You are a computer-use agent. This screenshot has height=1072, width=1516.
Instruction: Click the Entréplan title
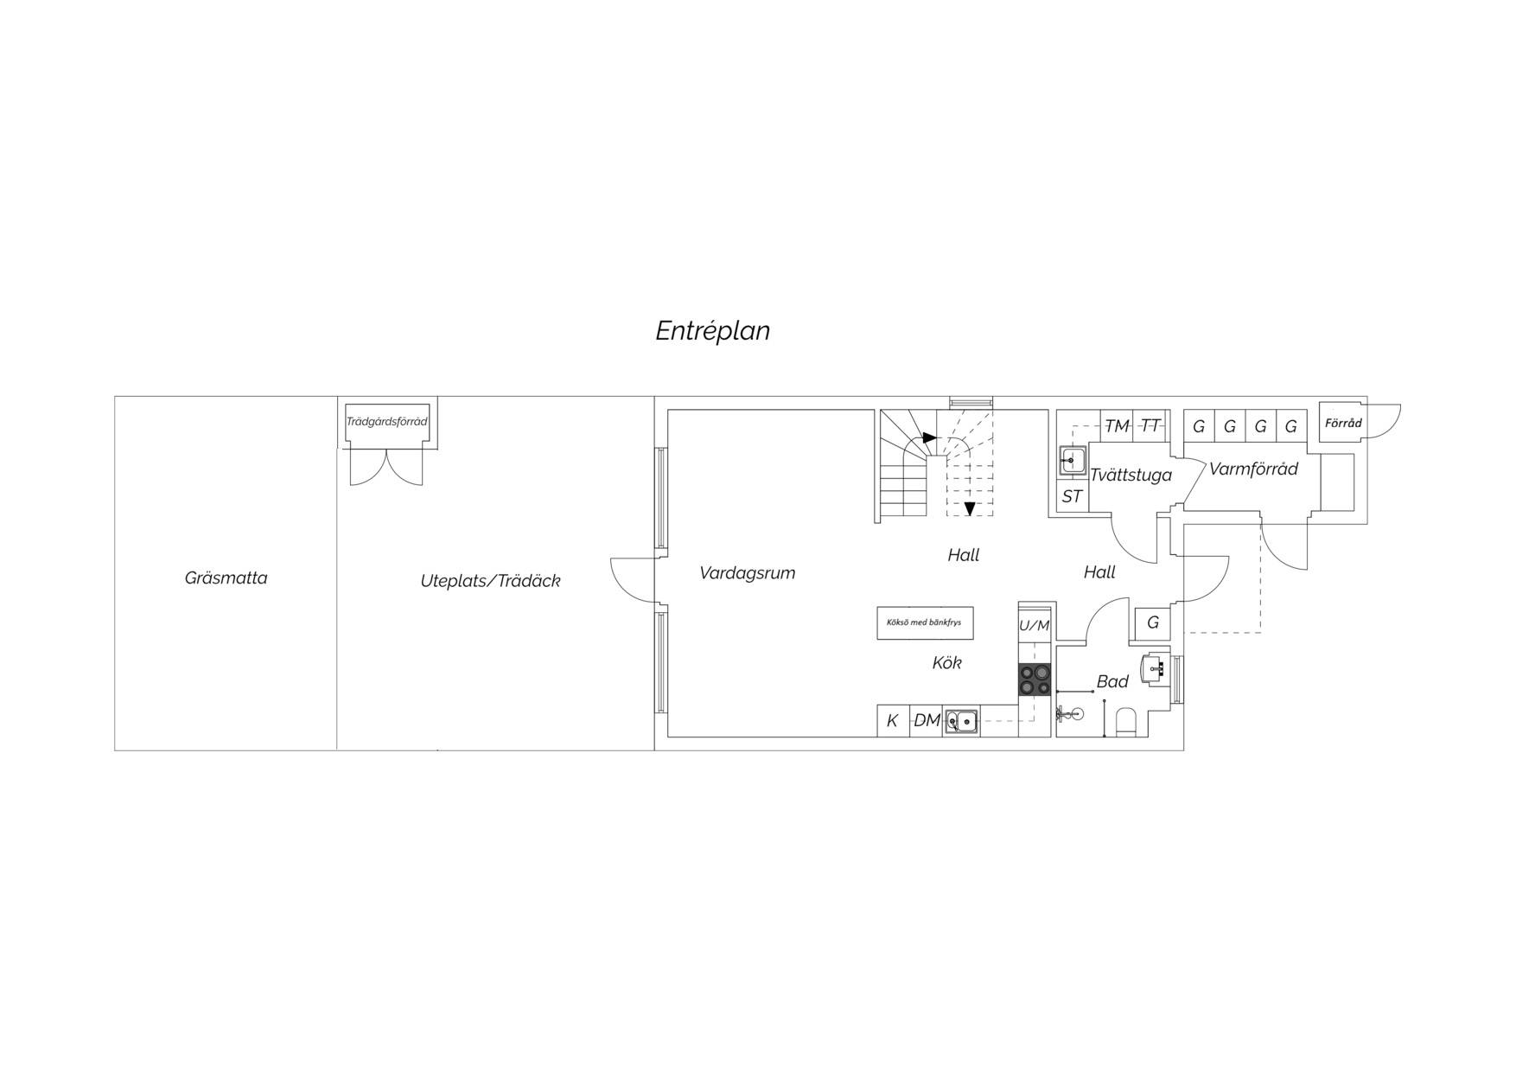(x=712, y=331)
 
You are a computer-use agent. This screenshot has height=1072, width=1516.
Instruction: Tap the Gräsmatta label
(x=226, y=578)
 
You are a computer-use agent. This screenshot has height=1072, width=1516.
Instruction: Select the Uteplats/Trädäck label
(x=490, y=581)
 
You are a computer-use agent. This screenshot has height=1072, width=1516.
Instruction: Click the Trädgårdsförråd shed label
(x=386, y=422)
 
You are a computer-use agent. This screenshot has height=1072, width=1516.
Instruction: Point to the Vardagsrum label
(x=747, y=573)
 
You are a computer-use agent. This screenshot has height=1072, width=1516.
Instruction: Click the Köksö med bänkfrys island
(x=924, y=622)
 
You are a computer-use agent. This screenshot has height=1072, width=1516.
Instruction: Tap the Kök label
(x=946, y=663)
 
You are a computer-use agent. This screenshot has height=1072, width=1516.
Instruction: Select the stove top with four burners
(x=1035, y=680)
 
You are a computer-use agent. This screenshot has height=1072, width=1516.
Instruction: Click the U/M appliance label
(x=1034, y=626)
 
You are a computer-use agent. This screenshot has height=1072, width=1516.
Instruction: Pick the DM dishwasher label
(x=927, y=720)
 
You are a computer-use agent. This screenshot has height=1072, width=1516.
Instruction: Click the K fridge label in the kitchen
(x=892, y=721)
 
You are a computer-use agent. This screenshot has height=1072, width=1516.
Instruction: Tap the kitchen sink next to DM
(x=961, y=720)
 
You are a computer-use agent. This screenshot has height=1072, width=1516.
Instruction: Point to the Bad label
(x=1112, y=681)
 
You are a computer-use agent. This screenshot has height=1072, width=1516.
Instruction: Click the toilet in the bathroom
(x=1125, y=722)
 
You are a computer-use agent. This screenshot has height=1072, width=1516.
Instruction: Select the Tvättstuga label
(x=1131, y=475)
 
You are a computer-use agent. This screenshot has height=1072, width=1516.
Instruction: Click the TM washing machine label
(x=1117, y=426)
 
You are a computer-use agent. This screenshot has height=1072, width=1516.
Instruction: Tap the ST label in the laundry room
(x=1072, y=497)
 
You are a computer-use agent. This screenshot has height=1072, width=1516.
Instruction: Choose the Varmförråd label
(x=1253, y=469)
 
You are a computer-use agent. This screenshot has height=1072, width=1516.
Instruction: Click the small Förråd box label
(x=1343, y=424)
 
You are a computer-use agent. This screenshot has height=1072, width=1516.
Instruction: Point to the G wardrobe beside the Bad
(x=1152, y=622)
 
